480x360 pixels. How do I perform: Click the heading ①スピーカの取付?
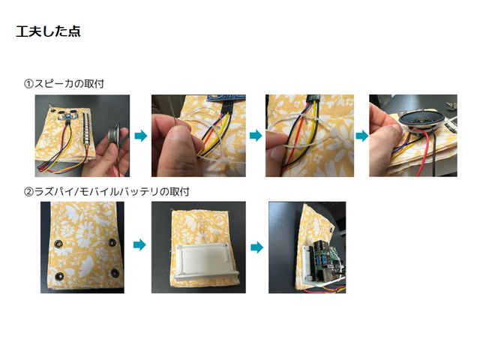click(x=64, y=83)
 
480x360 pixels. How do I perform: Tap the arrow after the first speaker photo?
click(x=140, y=136)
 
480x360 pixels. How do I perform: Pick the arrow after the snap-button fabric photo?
click(x=138, y=245)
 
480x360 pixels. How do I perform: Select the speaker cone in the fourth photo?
click(x=414, y=118)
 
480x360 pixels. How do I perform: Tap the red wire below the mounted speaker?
click(x=433, y=154)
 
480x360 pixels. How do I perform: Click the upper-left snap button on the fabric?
click(x=57, y=242)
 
